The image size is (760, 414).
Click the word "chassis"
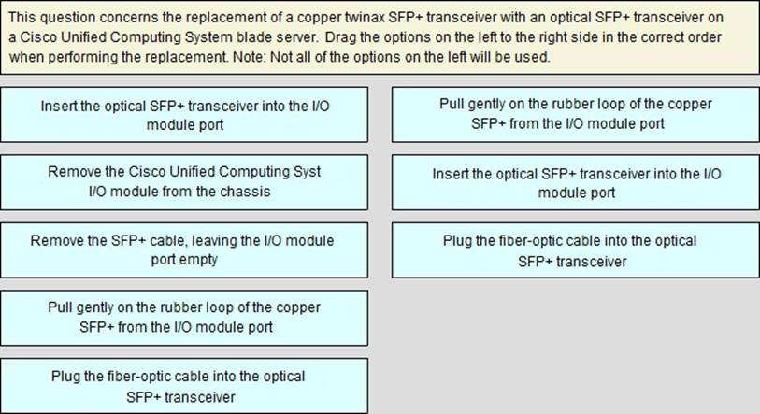[x=245, y=192]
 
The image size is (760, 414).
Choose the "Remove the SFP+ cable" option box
[x=184, y=250]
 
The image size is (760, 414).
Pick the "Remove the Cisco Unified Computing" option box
[x=184, y=182]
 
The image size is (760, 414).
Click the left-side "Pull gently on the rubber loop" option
[x=184, y=318]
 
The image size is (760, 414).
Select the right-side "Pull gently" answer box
[x=575, y=114]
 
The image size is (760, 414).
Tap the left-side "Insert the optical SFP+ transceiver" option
[x=184, y=114]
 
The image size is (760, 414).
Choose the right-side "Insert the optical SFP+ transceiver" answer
[x=575, y=182]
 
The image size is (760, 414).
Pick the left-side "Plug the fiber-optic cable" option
[x=184, y=386]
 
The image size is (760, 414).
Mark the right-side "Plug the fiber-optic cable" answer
[x=575, y=250]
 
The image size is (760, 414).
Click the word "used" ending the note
[x=535, y=57]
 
